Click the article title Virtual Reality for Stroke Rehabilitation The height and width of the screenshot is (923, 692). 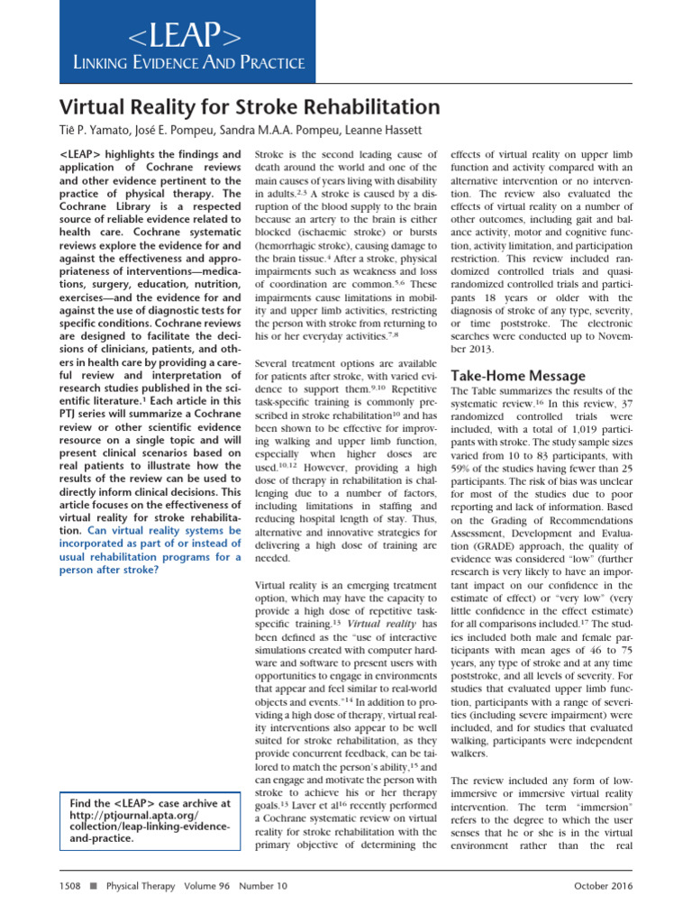click(250, 108)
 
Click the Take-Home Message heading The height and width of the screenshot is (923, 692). click(517, 375)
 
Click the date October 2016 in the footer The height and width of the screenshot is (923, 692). click(603, 886)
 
